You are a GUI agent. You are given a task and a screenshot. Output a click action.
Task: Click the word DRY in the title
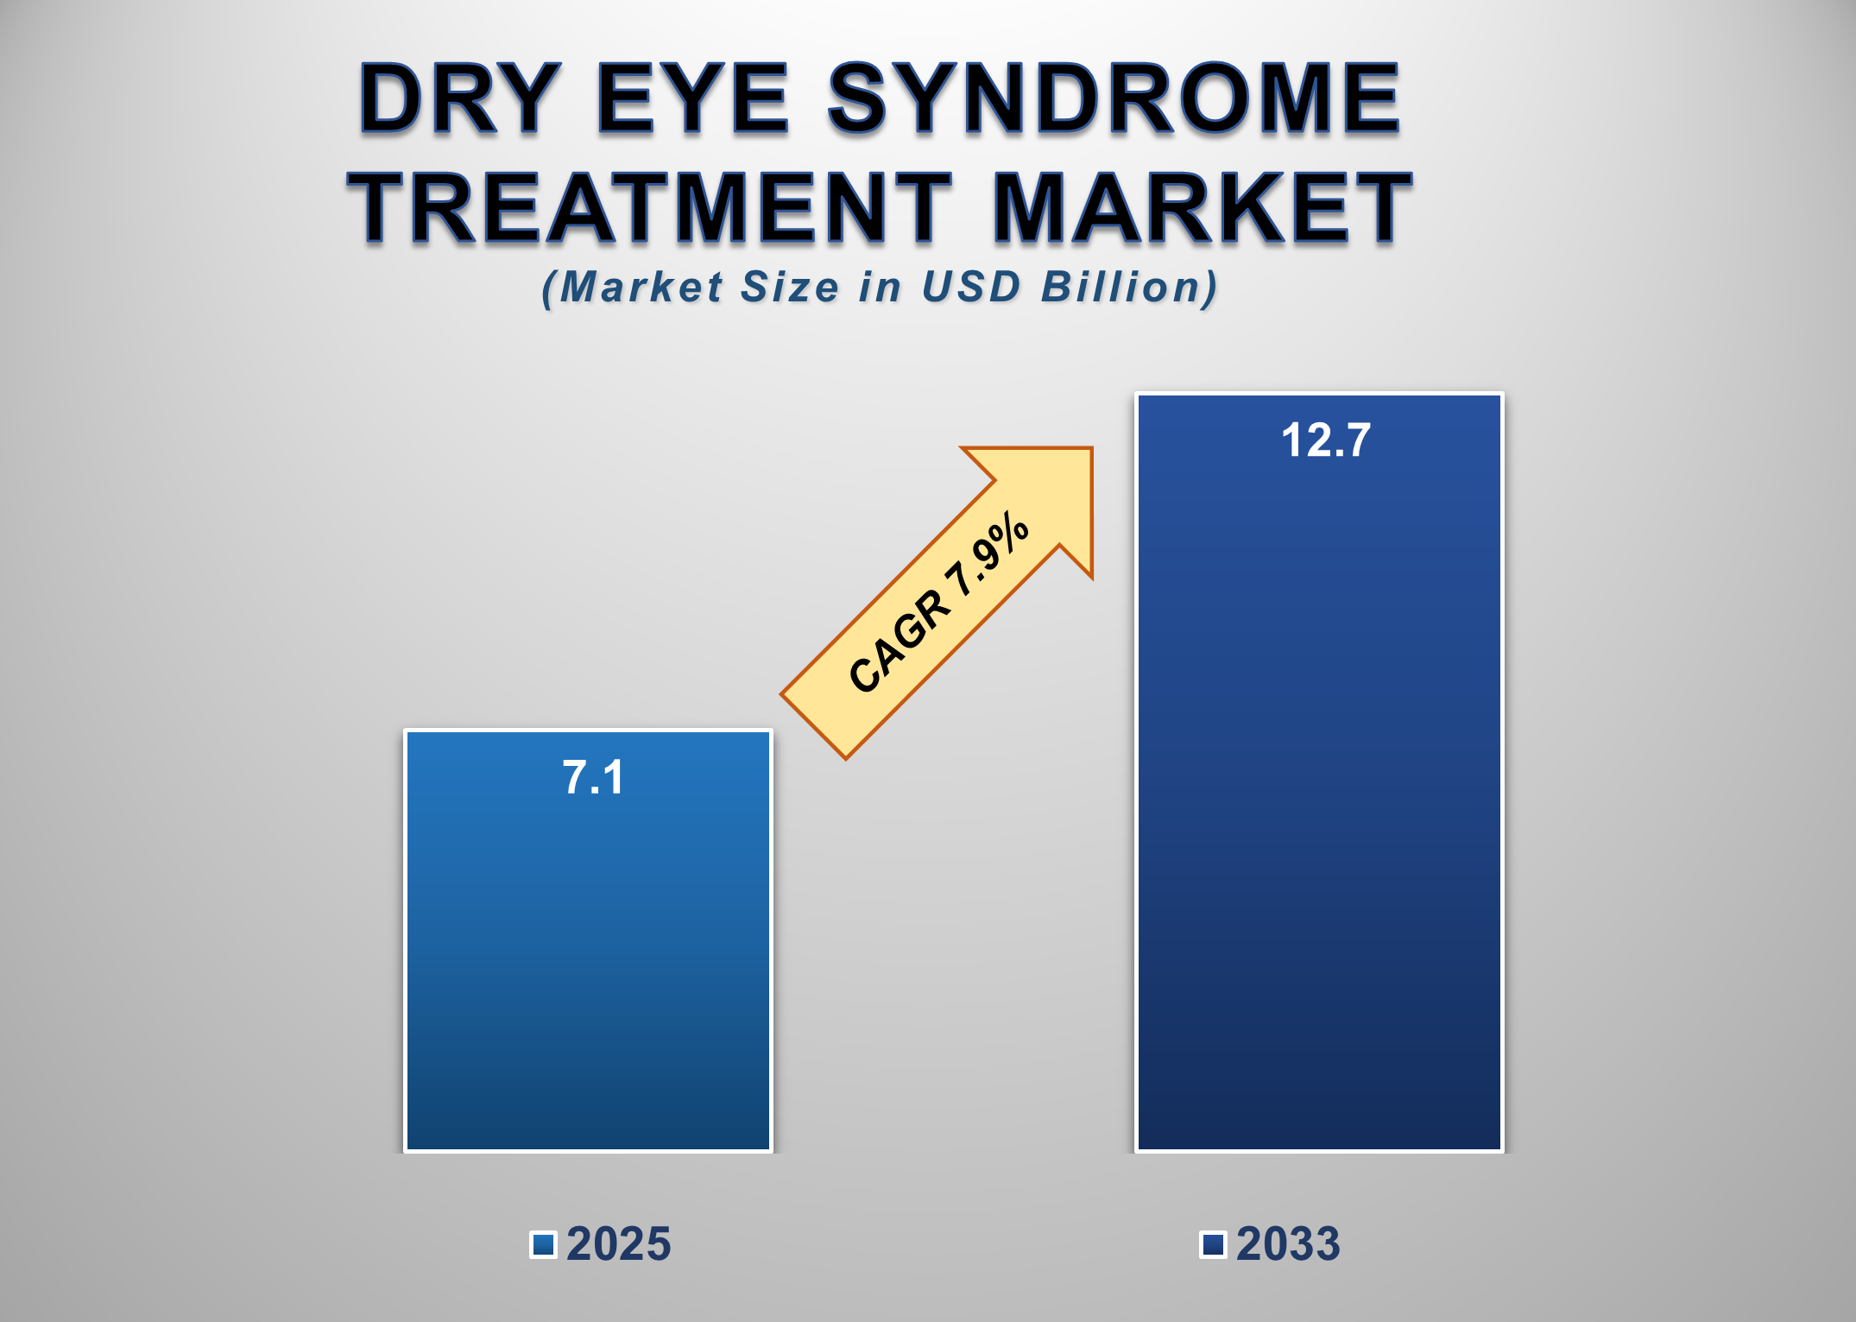tap(459, 99)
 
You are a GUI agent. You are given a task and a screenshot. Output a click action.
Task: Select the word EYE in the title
tap(692, 99)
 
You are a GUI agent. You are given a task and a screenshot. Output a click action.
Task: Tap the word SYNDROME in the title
tap(1114, 99)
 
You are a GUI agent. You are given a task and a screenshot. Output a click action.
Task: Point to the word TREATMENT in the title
tap(649, 207)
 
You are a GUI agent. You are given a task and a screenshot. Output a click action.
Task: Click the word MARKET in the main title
tap(1202, 207)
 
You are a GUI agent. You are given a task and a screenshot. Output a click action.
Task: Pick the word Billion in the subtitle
tap(1129, 287)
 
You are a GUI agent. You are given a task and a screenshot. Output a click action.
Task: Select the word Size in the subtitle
tap(789, 287)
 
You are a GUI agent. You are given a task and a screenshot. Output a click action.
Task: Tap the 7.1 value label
tap(593, 777)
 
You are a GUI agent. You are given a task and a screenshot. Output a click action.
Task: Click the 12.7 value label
tap(1325, 440)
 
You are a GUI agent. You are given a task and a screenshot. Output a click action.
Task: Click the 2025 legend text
tap(618, 1244)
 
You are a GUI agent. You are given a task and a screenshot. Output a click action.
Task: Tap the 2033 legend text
tap(1288, 1244)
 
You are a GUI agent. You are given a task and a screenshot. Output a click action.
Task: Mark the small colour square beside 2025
tap(544, 1244)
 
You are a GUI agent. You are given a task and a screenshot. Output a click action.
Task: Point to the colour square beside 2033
tap(1214, 1244)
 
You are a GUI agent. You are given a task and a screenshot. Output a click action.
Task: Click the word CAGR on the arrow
tap(900, 640)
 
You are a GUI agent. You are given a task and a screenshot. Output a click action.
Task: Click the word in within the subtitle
tap(881, 287)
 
